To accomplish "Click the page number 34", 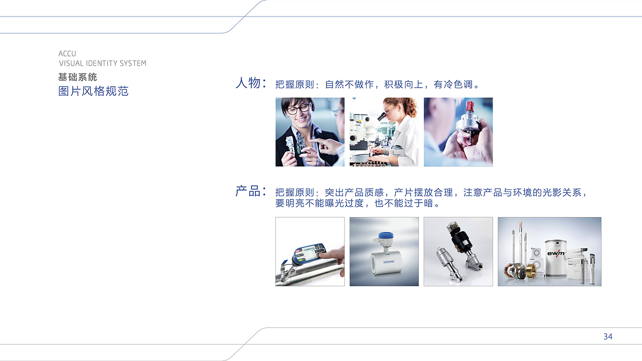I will click(x=608, y=336).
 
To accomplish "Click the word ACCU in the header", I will click(x=67, y=54).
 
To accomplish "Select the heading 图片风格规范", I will click(x=93, y=91).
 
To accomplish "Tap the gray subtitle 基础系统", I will click(x=77, y=77).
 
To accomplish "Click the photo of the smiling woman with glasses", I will click(x=309, y=132).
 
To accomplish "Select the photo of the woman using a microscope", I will click(x=384, y=132).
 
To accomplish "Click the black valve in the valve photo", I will click(x=459, y=241).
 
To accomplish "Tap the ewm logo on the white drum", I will click(x=555, y=253).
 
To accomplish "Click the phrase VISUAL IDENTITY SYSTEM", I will click(x=103, y=63).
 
